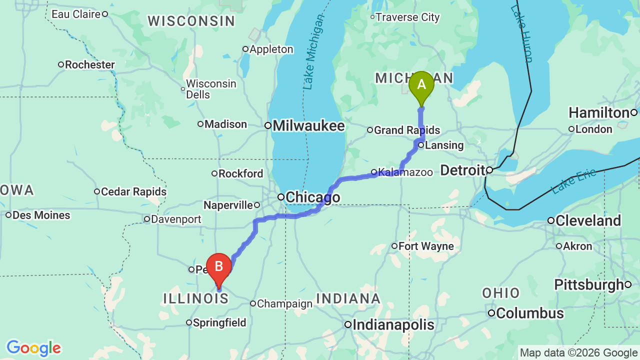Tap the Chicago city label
point(313,197)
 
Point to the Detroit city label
point(462,170)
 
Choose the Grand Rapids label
point(407,130)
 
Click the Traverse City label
point(407,17)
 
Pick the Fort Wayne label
point(426,246)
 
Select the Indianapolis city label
point(393,325)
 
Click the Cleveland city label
point(588,220)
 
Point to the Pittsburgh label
point(589,285)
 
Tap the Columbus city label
point(530,313)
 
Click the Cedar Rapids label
point(133,191)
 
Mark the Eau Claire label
point(76,14)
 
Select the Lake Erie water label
point(574,181)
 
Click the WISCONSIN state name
point(191,21)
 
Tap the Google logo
point(33,348)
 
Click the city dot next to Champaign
point(253,303)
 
